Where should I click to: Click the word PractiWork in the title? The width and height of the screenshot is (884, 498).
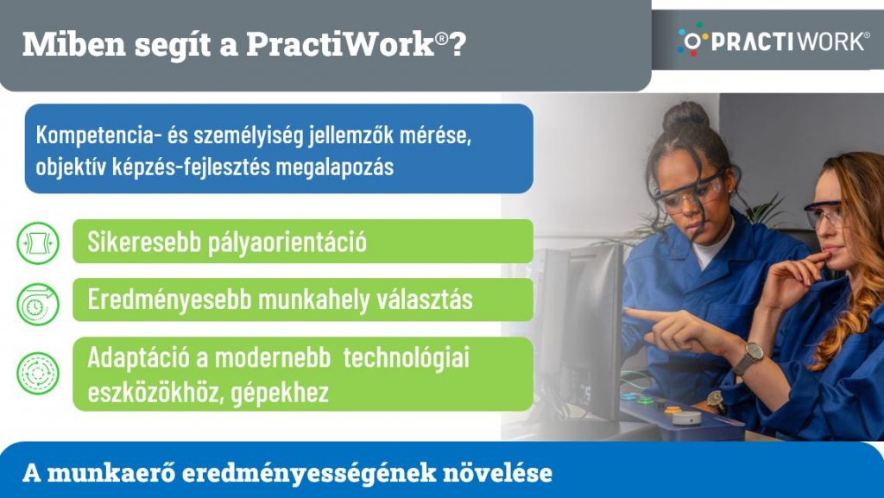click(340, 44)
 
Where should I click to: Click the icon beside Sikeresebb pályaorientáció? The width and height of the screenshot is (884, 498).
click(38, 243)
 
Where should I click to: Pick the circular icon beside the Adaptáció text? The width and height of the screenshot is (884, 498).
click(38, 374)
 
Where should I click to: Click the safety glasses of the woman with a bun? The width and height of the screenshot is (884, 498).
click(688, 192)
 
